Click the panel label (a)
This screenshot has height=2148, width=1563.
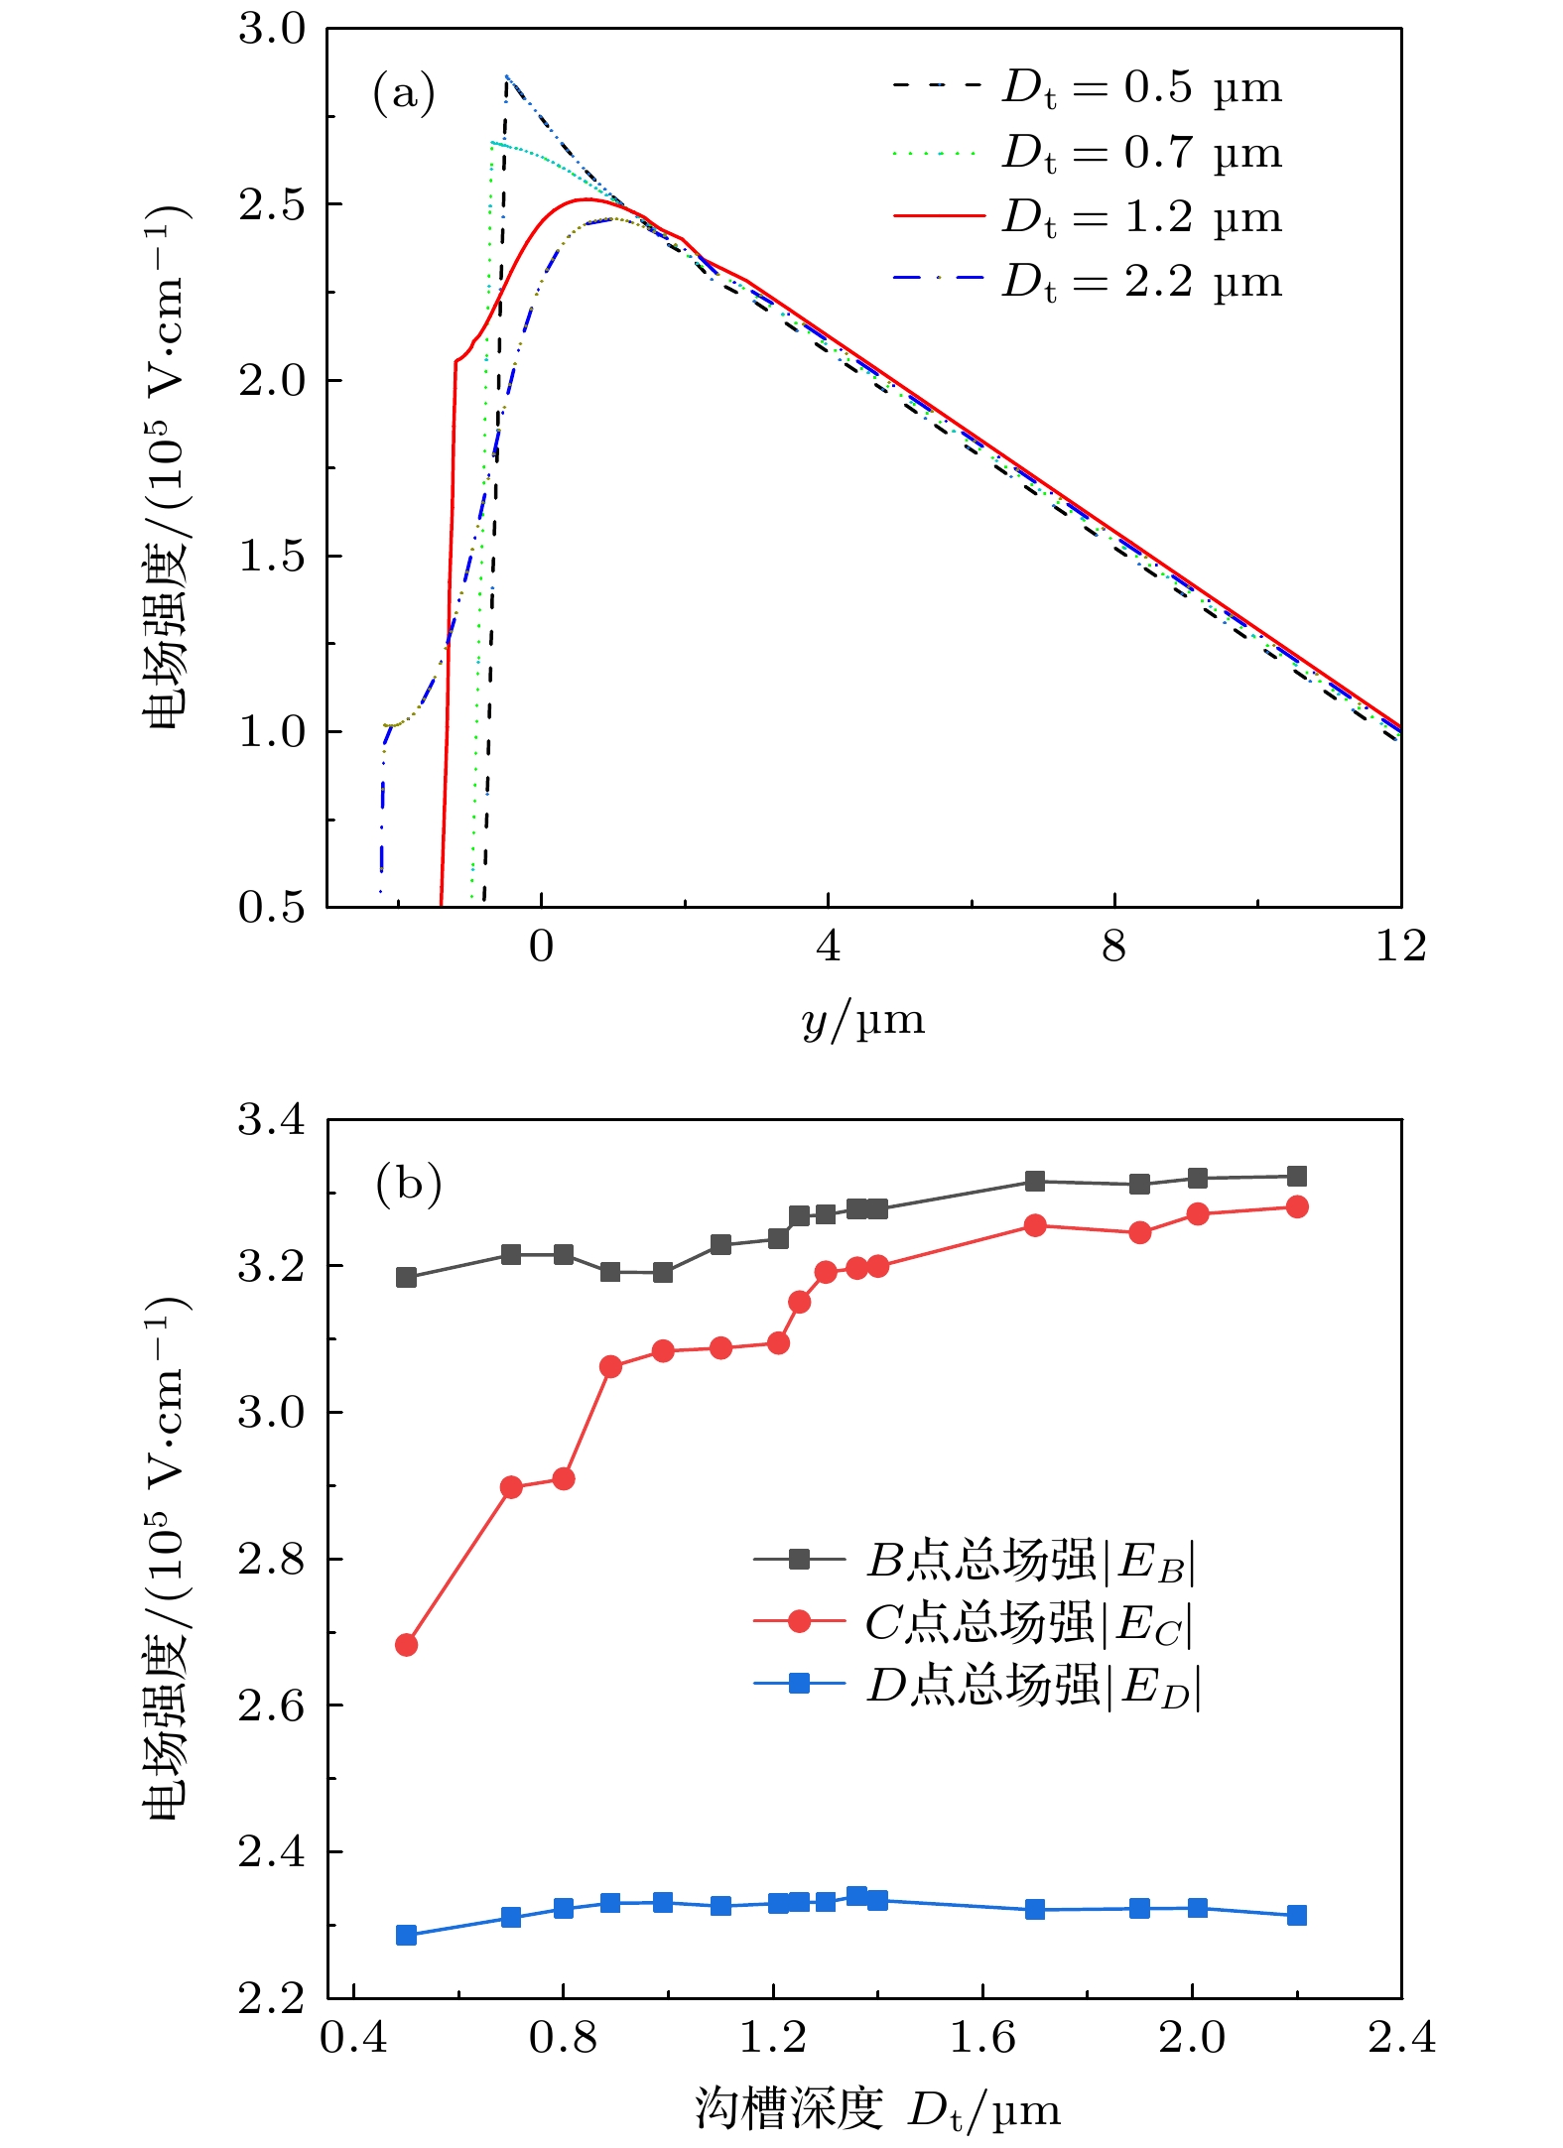(x=403, y=93)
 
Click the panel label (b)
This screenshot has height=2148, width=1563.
(x=408, y=1184)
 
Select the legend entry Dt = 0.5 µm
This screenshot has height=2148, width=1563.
(x=1088, y=87)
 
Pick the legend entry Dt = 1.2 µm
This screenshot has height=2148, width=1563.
(x=1088, y=217)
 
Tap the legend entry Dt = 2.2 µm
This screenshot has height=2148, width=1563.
(x=1088, y=283)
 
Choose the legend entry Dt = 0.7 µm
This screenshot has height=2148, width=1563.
(x=1088, y=153)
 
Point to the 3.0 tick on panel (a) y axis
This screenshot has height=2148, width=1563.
(x=272, y=29)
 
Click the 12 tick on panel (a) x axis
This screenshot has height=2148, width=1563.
(x=1400, y=947)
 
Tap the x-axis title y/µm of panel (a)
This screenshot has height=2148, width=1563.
(x=862, y=1021)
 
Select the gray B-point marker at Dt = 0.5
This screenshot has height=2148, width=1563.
(x=406, y=1277)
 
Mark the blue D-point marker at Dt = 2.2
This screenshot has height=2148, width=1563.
(x=1296, y=1914)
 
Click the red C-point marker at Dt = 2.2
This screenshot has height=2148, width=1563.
(x=1296, y=1206)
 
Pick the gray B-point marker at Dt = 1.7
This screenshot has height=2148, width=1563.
(x=1035, y=1181)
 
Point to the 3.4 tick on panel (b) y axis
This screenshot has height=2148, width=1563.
(x=272, y=1120)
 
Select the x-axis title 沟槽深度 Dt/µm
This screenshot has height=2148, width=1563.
(x=877, y=2110)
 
